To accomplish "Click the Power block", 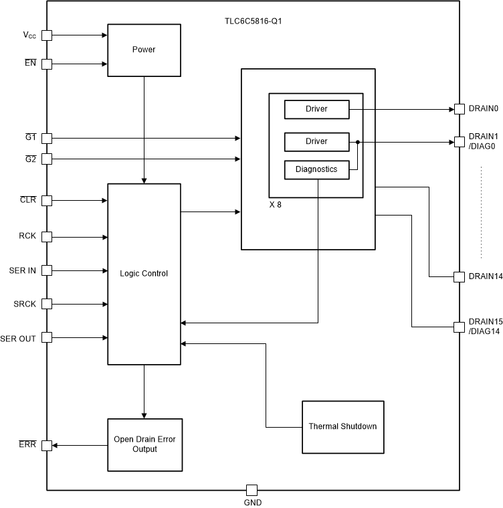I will click(144, 50).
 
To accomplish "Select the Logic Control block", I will click(144, 274).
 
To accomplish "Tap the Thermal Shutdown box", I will click(342, 426).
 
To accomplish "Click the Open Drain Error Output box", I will click(144, 444).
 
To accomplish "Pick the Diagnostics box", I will click(316, 170).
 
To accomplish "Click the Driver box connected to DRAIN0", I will click(316, 108).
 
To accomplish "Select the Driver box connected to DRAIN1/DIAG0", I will click(316, 141).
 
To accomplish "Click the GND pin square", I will click(252, 490).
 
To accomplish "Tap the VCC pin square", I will click(47, 35).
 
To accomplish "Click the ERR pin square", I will click(47, 445).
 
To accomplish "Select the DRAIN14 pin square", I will click(460, 276).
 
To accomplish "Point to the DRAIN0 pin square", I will click(460, 108).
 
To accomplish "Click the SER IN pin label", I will click(23, 270).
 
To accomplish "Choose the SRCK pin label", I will click(23, 305).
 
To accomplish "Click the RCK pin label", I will click(27, 236).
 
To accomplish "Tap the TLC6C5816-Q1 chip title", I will click(253, 21).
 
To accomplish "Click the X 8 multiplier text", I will click(276, 205).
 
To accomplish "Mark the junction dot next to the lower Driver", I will click(358, 142).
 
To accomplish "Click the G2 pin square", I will click(47, 159).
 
